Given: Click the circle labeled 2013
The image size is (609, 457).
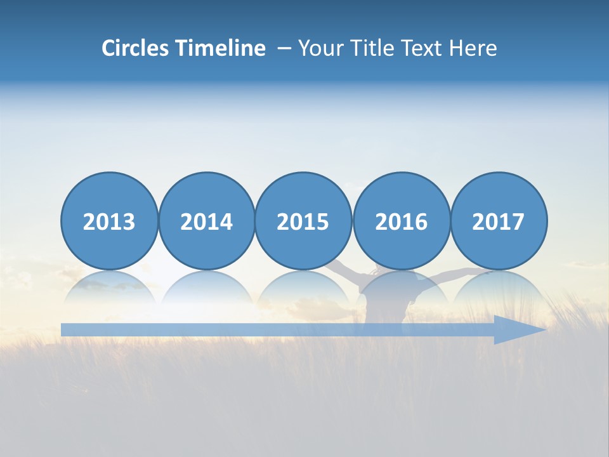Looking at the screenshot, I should pyautogui.click(x=109, y=221).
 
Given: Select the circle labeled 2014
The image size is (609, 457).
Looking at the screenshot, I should pyautogui.click(x=207, y=221).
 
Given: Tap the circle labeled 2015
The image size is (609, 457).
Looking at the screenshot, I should pyautogui.click(x=303, y=221).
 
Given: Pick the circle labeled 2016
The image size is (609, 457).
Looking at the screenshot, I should pyautogui.click(x=402, y=221).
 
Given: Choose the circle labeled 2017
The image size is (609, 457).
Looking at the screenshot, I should pyautogui.click(x=499, y=221).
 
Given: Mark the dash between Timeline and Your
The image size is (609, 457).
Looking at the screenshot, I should pyautogui.click(x=284, y=49).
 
